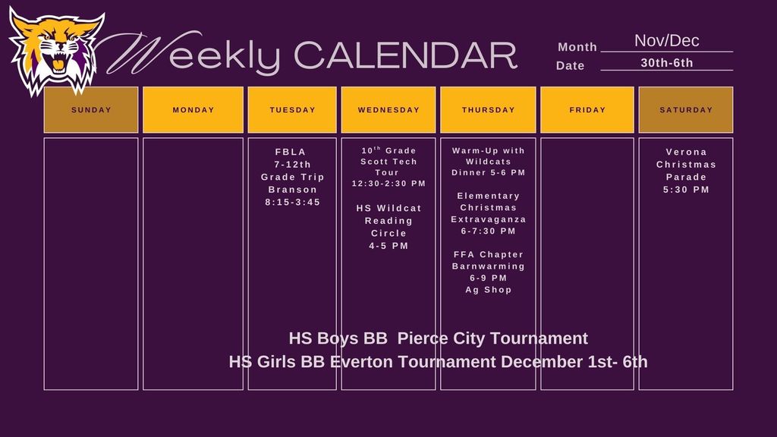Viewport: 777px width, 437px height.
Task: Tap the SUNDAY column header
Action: [x=91, y=110]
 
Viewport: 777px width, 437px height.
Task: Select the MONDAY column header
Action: [x=193, y=110]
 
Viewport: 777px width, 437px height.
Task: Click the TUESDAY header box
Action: [x=292, y=110]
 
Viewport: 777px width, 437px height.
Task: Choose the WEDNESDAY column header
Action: [x=388, y=110]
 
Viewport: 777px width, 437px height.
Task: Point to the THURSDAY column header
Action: [x=488, y=110]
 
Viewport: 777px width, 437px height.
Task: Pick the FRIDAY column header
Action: [x=587, y=110]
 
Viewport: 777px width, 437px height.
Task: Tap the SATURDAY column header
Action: [x=686, y=110]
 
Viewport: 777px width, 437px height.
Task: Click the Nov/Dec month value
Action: [x=666, y=41]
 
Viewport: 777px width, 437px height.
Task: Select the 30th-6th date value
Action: [x=666, y=63]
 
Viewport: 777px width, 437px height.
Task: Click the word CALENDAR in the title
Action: [x=404, y=55]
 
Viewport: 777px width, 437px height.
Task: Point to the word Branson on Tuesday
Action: [x=292, y=190]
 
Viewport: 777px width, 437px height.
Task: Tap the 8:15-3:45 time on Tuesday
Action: [x=292, y=203]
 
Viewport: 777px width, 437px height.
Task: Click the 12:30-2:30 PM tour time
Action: [x=388, y=184]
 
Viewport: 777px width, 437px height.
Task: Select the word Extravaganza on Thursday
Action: [x=488, y=219]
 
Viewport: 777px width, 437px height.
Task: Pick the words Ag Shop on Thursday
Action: [x=488, y=290]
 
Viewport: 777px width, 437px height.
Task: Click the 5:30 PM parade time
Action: [x=686, y=190]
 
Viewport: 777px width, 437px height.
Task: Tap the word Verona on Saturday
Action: [x=686, y=152]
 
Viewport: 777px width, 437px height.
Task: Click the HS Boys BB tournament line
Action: [x=438, y=338]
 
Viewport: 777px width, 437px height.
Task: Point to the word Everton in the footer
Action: [x=361, y=362]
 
